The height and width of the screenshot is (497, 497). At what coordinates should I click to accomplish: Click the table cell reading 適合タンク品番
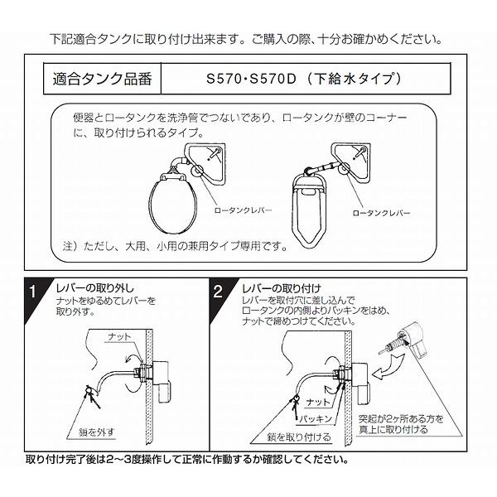coord(102,79)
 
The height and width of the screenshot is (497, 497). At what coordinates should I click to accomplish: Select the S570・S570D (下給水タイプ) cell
coord(306,79)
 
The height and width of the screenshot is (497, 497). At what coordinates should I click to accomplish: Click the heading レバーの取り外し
coord(95,288)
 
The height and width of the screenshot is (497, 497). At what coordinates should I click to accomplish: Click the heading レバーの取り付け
coord(282,289)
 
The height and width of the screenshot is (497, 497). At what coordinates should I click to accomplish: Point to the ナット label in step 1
coord(119,336)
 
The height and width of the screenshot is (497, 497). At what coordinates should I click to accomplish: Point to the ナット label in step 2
coord(318,403)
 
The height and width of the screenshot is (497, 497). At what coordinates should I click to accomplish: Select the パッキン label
coord(316,419)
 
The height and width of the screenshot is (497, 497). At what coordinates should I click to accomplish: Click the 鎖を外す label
coord(96,432)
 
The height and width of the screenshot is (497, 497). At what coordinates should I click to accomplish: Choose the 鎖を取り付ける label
coord(299,437)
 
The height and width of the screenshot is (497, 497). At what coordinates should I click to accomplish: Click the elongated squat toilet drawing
coord(308,210)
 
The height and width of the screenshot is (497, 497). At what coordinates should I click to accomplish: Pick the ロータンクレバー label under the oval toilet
coord(243,210)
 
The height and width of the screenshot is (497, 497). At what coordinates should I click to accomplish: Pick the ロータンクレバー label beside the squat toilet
coord(381,213)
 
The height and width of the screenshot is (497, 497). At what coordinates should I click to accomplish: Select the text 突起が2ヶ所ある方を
coord(401,419)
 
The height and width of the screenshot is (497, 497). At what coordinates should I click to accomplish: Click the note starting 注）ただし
coord(175,246)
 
